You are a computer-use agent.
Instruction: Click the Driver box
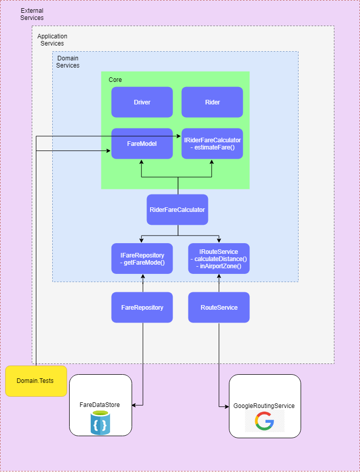pos(142,102)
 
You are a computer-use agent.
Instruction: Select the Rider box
pos(212,102)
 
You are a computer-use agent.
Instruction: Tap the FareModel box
pos(142,144)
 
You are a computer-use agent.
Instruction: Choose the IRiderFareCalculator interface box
pos(212,144)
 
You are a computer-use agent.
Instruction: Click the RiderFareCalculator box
pos(177,209)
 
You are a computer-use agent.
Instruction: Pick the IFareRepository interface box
pos(142,259)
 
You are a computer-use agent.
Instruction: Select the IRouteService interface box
pos(219,259)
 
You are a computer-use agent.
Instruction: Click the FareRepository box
pos(142,308)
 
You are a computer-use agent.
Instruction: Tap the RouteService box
pos(219,308)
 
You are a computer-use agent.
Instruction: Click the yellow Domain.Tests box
pos(36,381)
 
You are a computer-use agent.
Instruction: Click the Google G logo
pos(264,421)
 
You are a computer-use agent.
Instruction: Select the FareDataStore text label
pos(100,405)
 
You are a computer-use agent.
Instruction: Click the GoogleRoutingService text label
pos(264,406)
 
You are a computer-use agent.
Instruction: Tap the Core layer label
pos(115,80)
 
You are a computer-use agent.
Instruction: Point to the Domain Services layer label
pos(68,62)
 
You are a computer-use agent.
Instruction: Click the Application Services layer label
pos(52,40)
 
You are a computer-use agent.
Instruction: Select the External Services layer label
pos(32,14)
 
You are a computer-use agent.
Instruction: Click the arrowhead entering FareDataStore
pos(134,405)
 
